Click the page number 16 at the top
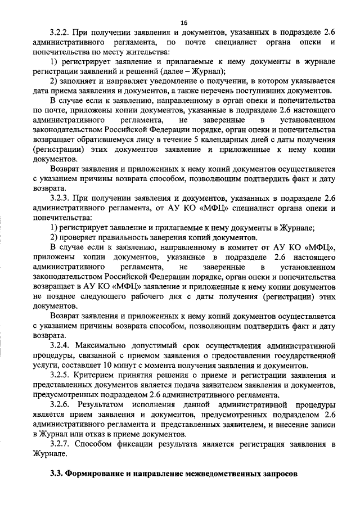pyautogui.click(x=183, y=22)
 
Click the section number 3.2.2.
pyautogui.click(x=60, y=33)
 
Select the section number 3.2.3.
pyautogui.click(x=60, y=198)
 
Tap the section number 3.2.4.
pyautogui.click(x=60, y=344)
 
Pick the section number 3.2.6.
pyautogui.click(x=60, y=405)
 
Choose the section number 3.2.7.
pyautogui.click(x=60, y=445)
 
